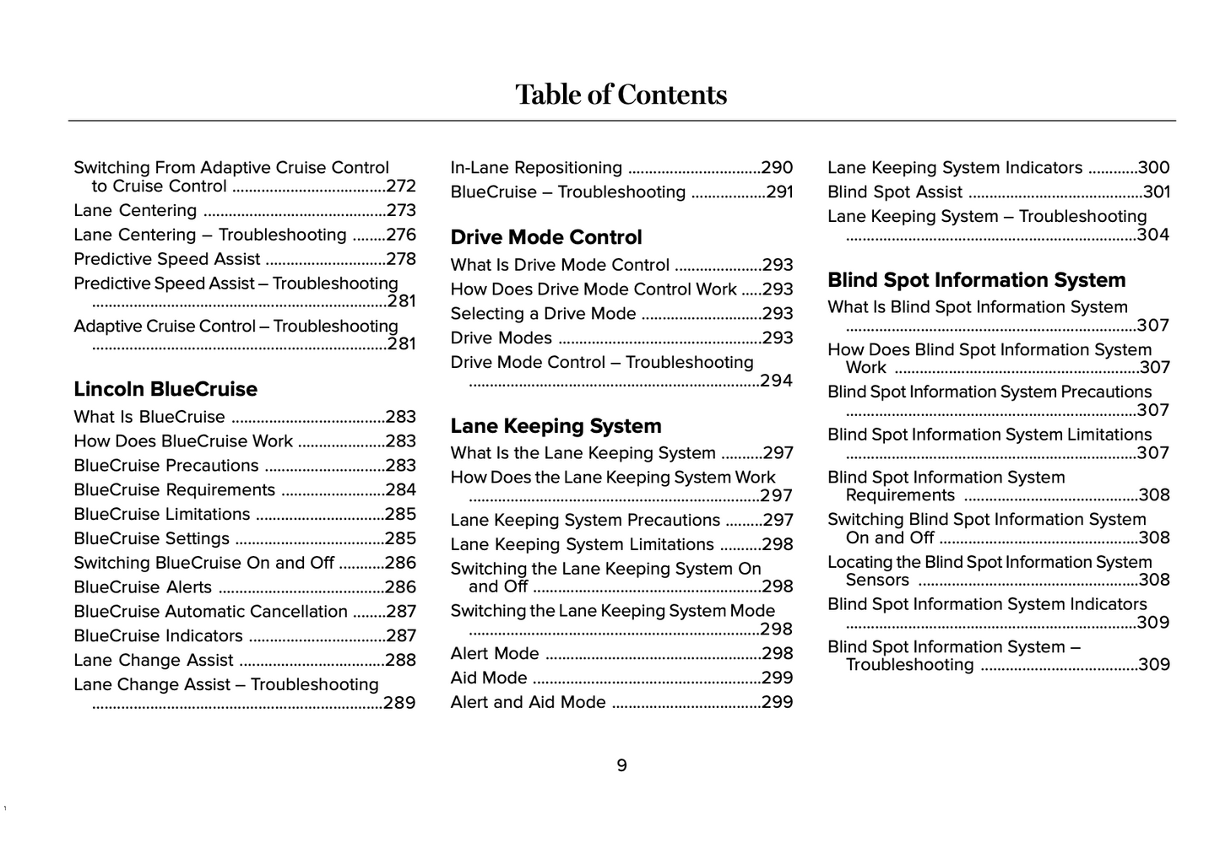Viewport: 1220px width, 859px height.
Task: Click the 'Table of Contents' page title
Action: click(621, 95)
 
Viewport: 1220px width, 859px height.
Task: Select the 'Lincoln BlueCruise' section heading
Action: click(165, 389)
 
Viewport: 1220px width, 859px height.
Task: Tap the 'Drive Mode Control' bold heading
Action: click(546, 237)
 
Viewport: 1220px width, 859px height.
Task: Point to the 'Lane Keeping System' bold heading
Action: click(556, 426)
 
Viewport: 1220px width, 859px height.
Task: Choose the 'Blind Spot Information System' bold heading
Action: click(976, 280)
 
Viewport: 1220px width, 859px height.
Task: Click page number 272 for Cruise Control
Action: click(401, 186)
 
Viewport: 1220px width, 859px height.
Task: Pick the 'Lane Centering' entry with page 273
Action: click(135, 211)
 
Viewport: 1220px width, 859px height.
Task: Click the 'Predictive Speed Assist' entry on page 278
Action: click(166, 259)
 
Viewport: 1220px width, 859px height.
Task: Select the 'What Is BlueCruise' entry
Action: click(149, 417)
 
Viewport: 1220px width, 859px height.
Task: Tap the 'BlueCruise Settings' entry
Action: click(151, 538)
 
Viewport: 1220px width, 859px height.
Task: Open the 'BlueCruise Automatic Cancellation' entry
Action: click(210, 612)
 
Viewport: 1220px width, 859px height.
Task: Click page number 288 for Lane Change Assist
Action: click(400, 661)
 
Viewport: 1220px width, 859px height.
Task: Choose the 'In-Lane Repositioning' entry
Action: click(536, 168)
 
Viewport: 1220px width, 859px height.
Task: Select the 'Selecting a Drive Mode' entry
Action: click(543, 314)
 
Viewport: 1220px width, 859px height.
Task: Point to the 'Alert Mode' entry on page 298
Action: click(495, 654)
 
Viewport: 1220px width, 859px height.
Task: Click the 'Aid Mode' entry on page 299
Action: click(489, 678)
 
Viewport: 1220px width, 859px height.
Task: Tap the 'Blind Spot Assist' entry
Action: click(895, 192)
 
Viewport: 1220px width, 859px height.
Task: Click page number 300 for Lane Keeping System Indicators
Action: click(1153, 168)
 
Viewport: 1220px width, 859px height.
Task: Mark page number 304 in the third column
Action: click(1153, 235)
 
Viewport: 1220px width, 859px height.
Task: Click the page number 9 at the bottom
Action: click(621, 765)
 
